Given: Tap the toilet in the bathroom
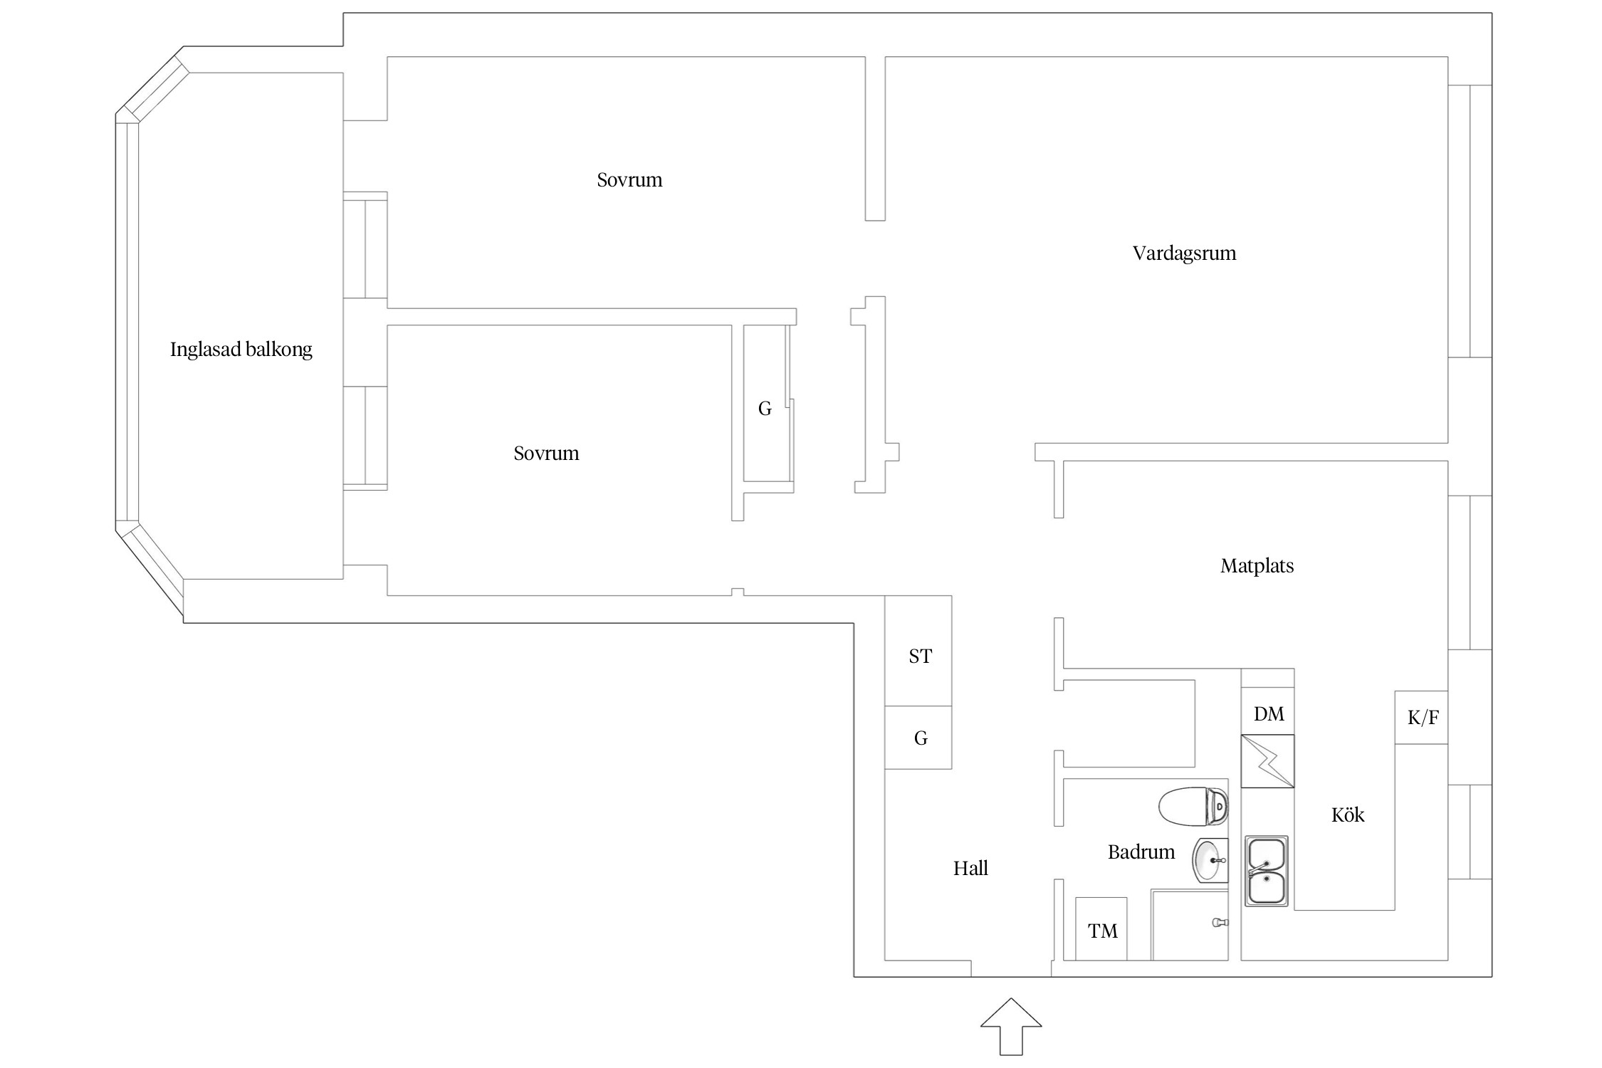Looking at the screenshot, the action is pyautogui.click(x=1193, y=807).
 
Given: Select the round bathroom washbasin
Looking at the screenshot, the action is pyautogui.click(x=1210, y=861).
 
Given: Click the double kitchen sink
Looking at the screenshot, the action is pyautogui.click(x=1267, y=871).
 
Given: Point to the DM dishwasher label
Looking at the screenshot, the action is pyautogui.click(x=1269, y=714).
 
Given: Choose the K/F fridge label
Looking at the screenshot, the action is pyautogui.click(x=1423, y=718).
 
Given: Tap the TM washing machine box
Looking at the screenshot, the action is pyautogui.click(x=1101, y=929).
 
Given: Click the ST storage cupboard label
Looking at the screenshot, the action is pyautogui.click(x=920, y=656).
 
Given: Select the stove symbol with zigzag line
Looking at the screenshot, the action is pyautogui.click(x=1267, y=761).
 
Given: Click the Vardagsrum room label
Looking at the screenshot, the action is pyautogui.click(x=1184, y=253).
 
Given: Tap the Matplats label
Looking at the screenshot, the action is pyautogui.click(x=1257, y=566).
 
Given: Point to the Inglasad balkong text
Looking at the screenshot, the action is pyautogui.click(x=241, y=350).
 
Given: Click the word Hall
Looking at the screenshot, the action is pyautogui.click(x=970, y=868).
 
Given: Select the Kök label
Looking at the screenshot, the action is pyautogui.click(x=1348, y=815).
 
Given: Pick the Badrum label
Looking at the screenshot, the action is pyautogui.click(x=1141, y=852).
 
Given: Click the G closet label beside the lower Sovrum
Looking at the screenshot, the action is pyautogui.click(x=765, y=409).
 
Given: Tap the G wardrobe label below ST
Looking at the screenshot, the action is pyautogui.click(x=921, y=738).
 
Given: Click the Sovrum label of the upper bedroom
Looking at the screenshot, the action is pyautogui.click(x=629, y=180).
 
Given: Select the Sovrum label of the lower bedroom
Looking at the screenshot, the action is pyautogui.click(x=546, y=454).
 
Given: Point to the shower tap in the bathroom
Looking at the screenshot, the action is pyautogui.click(x=1220, y=923).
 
